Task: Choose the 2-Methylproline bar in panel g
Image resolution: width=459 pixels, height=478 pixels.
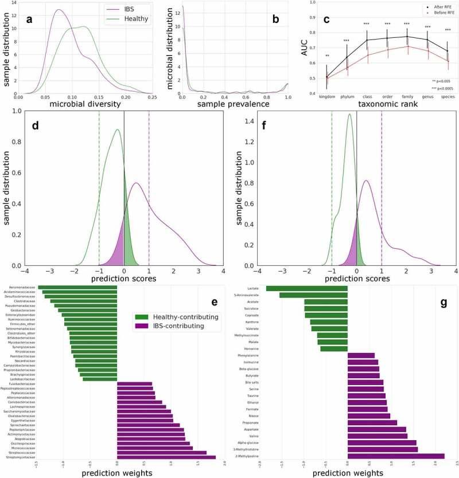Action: pos(396,456)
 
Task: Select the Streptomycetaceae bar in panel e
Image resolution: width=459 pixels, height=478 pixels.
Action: pos(166,457)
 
